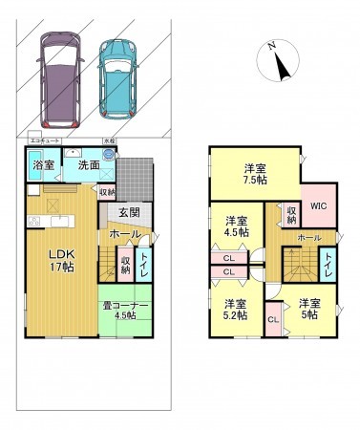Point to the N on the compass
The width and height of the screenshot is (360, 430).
click(272, 46)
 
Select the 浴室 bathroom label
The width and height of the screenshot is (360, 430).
click(43, 165)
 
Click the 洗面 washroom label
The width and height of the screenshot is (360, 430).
click(89, 165)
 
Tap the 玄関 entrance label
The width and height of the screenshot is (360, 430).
click(130, 212)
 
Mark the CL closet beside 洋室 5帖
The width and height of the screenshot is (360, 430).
click(272, 319)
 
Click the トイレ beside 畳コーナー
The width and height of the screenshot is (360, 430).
click(143, 264)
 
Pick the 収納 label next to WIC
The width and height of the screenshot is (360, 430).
click(290, 214)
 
